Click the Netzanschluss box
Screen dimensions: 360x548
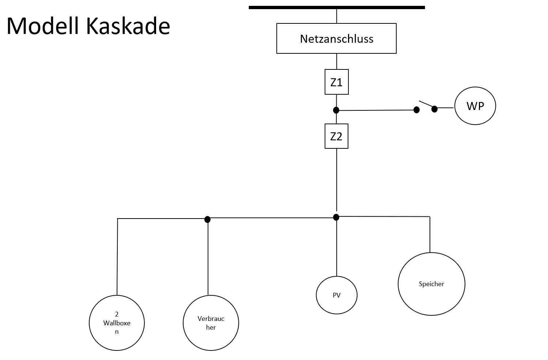(336, 38)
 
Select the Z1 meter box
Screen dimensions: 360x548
(336, 82)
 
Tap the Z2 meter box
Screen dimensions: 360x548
(336, 136)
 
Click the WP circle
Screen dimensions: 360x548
(475, 106)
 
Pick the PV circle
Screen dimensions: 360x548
(336, 295)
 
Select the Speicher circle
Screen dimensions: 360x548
(431, 284)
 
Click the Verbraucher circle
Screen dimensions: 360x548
(211, 323)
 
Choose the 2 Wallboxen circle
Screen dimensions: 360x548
(117, 323)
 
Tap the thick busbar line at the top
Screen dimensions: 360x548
(336, 7)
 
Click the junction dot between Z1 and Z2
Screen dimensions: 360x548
(336, 110)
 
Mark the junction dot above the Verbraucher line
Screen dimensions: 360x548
(207, 219)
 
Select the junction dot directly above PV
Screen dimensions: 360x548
(336, 217)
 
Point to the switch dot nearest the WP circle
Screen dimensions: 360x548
(434, 109)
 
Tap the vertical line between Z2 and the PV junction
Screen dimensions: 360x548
(336, 179)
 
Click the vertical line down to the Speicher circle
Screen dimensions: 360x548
(430, 234)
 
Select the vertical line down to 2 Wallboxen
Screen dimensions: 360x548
(117, 256)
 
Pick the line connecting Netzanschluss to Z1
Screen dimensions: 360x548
(336, 61)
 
